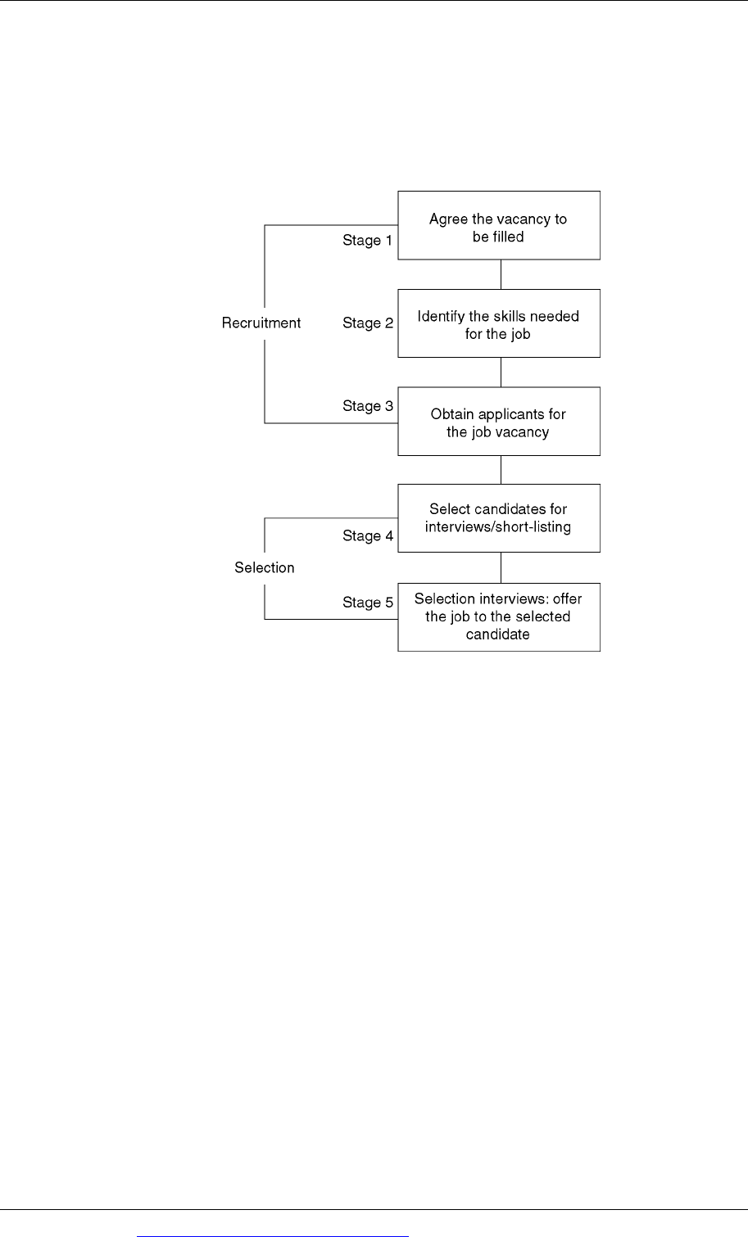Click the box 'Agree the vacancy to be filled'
tap(499, 225)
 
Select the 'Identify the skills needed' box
tap(499, 323)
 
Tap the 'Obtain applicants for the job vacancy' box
tap(499, 422)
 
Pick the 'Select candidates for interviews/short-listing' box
tap(499, 518)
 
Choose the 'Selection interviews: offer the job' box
tap(499, 616)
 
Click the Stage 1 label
tap(367, 240)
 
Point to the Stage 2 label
tap(368, 323)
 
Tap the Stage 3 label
tap(368, 406)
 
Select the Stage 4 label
tap(368, 535)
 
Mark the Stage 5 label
tap(368, 602)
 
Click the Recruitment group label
tap(261, 323)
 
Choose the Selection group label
tap(265, 567)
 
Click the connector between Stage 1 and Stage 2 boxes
tap(501, 274)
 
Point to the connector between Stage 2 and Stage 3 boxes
tap(501, 372)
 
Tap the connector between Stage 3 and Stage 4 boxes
tap(501, 470)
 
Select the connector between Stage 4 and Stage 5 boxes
tap(501, 567)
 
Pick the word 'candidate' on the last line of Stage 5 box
tap(497, 634)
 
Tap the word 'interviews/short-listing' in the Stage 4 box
tap(497, 527)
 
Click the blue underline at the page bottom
tap(273, 1236)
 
